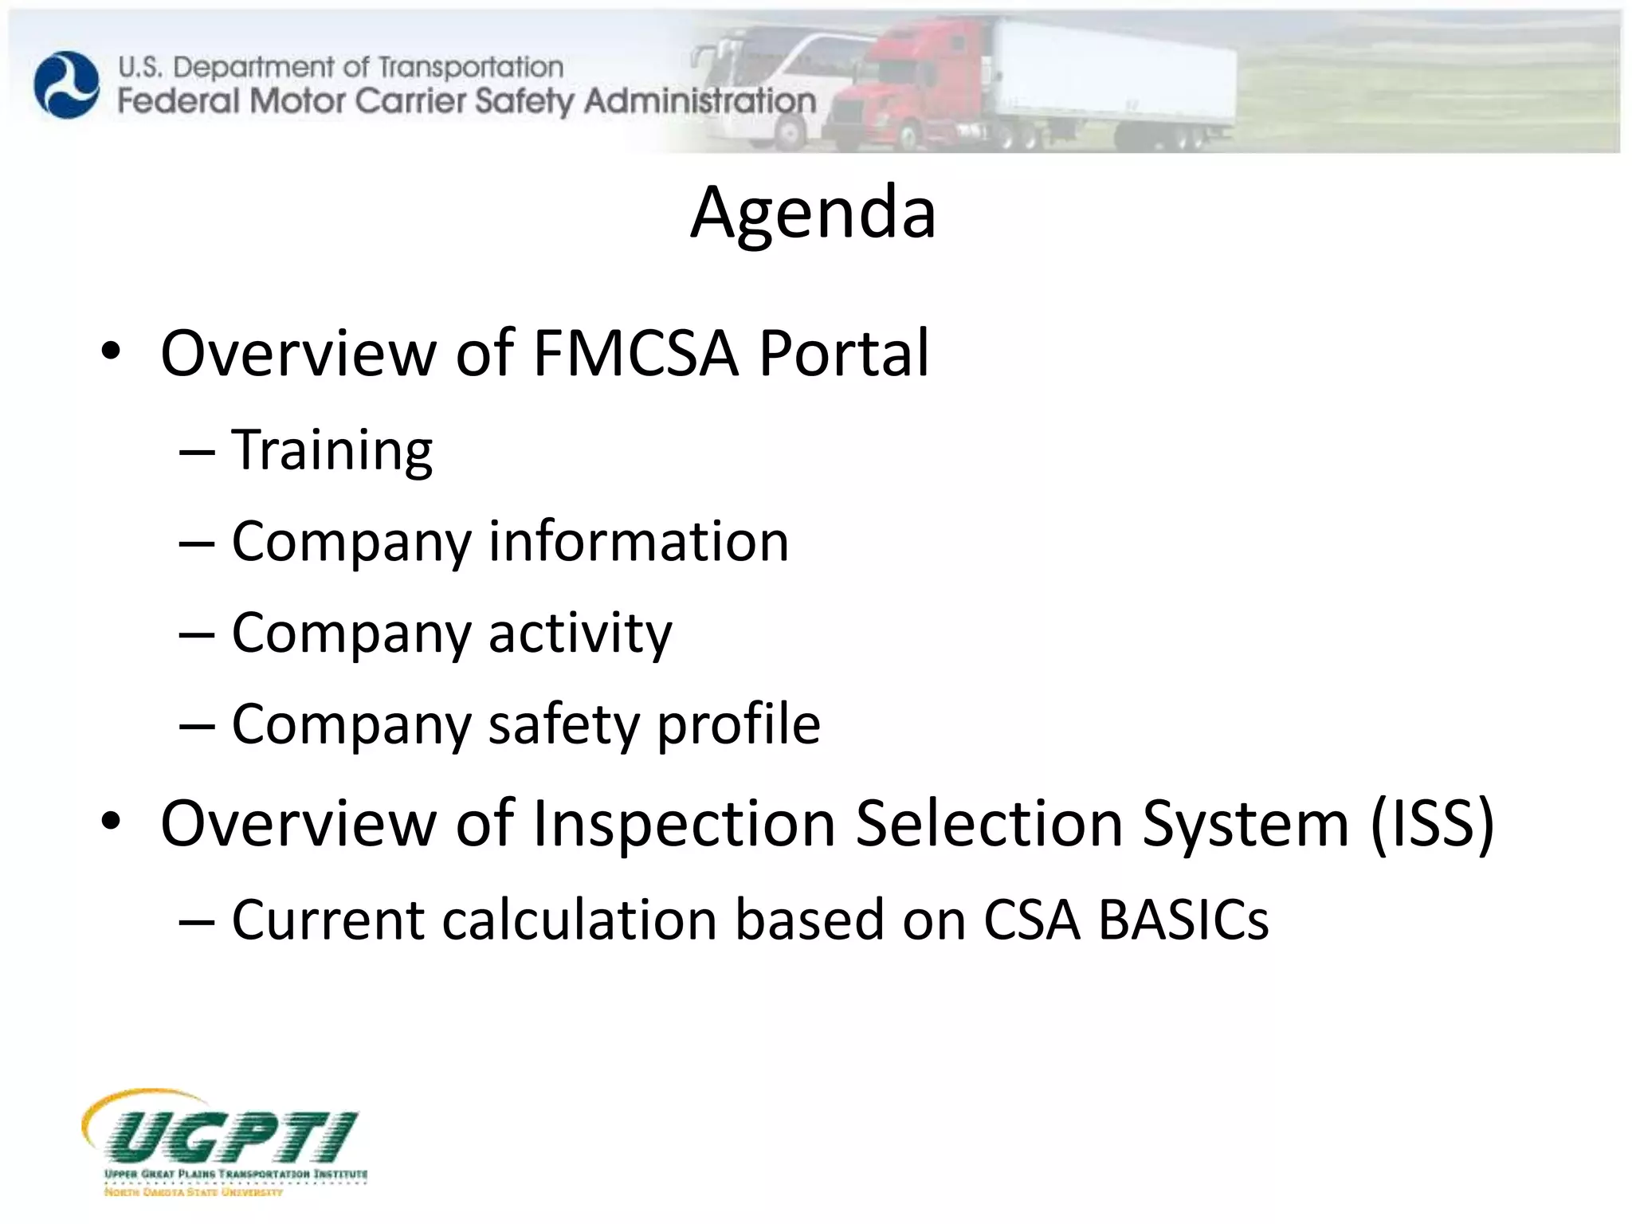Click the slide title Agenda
(813, 213)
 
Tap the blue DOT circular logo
(67, 84)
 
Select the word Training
(331, 451)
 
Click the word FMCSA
(635, 353)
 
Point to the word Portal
(843, 353)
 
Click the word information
(638, 542)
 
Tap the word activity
(580, 634)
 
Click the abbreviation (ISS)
(1432, 823)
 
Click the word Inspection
(684, 823)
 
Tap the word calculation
(579, 920)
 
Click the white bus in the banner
(765, 88)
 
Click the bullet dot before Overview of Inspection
(111, 822)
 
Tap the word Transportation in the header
(470, 67)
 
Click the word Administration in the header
(700, 101)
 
